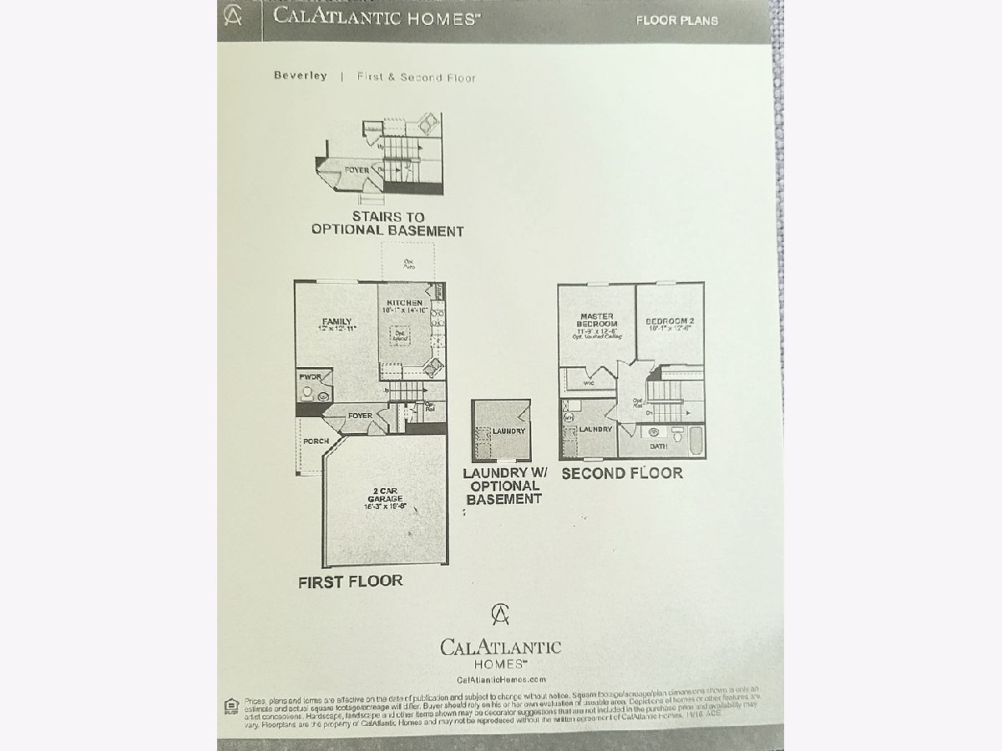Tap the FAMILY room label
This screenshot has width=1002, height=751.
(337, 322)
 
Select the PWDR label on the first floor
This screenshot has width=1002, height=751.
(311, 378)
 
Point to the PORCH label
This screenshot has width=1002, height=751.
(316, 441)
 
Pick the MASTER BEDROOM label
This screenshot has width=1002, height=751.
(597, 320)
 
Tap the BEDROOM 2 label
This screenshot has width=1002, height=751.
(669, 321)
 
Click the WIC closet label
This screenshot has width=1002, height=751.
(587, 385)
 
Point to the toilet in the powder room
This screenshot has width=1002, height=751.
(306, 392)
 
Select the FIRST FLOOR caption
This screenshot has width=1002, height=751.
(350, 582)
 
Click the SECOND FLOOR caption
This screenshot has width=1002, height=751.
(621, 473)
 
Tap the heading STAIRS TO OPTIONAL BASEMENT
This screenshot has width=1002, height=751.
(387, 224)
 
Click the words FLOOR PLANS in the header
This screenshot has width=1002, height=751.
(676, 21)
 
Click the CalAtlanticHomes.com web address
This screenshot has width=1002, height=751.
(501, 680)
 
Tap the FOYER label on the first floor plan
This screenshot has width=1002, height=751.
(360, 416)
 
